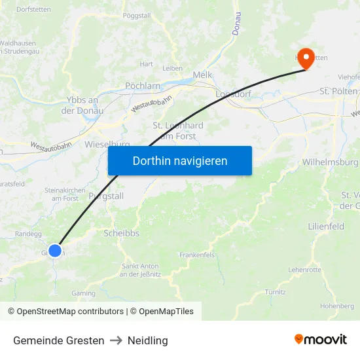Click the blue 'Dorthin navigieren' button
[180, 160]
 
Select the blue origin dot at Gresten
[55, 251]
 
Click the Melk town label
[202, 75]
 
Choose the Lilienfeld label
[326, 226]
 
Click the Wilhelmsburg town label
[330, 162]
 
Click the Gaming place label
[83, 294]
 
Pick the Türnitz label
[275, 291]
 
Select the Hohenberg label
[336, 306]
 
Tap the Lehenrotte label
[304, 270]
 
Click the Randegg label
[27, 234]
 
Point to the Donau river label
[236, 24]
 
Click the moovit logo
[321, 340]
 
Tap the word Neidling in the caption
[148, 340]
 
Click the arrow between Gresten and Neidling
[116, 340]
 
